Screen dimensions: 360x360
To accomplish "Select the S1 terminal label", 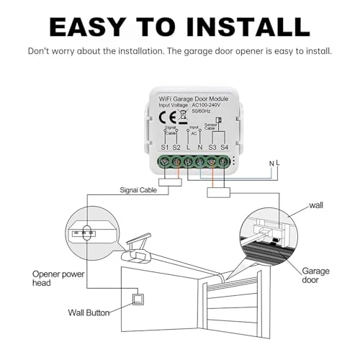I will (164, 147).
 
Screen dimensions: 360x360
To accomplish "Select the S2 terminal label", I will (177, 147).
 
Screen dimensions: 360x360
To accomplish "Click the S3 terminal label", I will (212, 147).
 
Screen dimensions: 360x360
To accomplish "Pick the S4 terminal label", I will (224, 147).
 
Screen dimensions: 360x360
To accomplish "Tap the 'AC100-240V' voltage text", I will (209, 105).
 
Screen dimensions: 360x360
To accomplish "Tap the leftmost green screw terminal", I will (165, 162).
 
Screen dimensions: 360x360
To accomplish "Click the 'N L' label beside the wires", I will (273, 163).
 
